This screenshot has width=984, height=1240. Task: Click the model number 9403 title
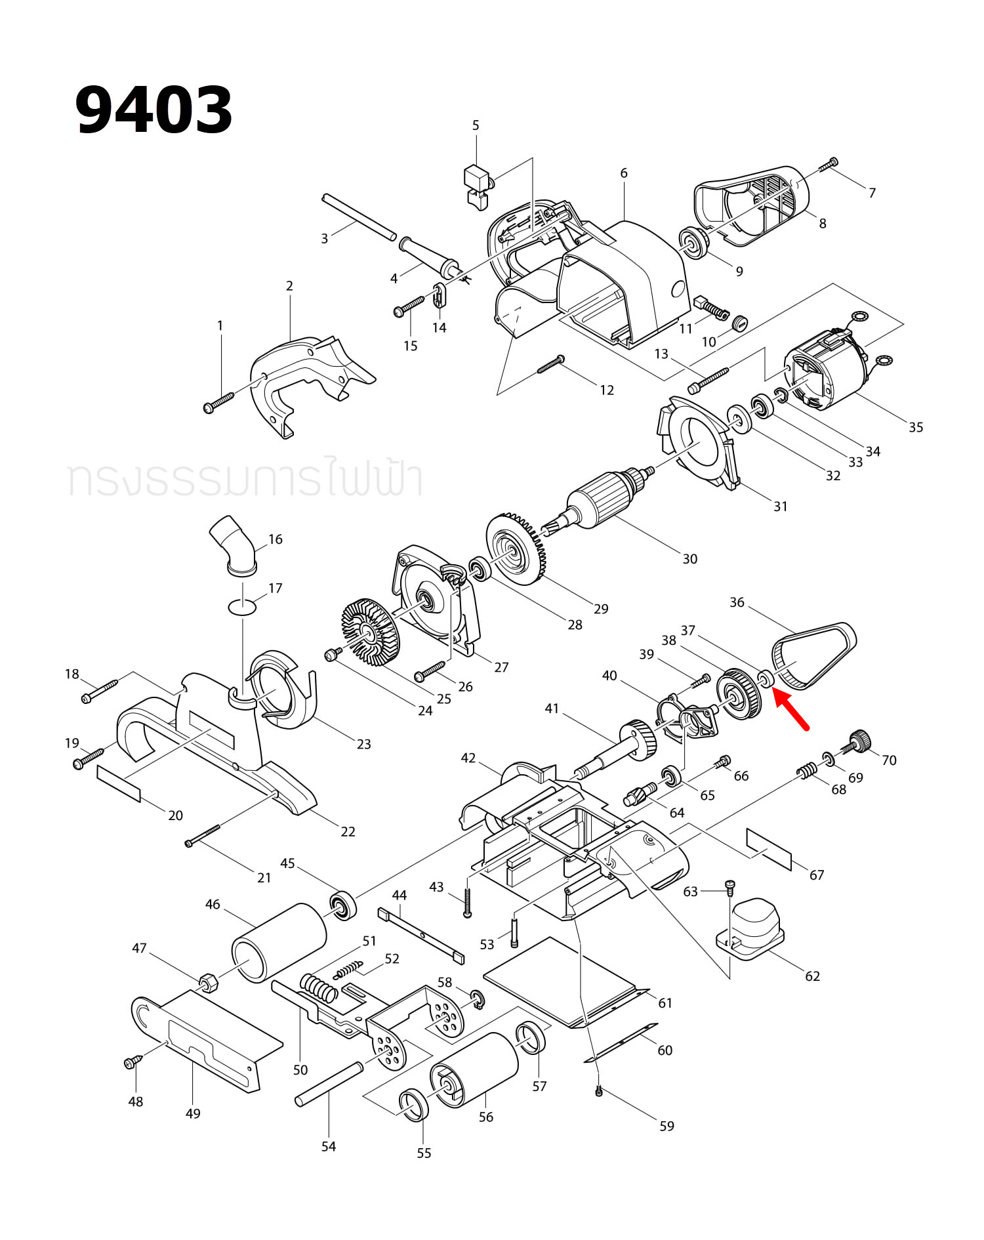click(x=154, y=110)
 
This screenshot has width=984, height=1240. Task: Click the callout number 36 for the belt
click(x=737, y=602)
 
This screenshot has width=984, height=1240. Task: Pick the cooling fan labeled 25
click(x=371, y=629)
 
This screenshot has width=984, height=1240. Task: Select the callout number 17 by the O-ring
click(x=275, y=588)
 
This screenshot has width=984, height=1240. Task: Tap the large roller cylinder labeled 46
click(x=279, y=942)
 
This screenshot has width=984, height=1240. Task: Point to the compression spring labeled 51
click(x=319, y=988)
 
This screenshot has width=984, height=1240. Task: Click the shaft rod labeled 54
click(x=329, y=1084)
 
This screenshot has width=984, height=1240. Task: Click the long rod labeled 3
click(x=359, y=216)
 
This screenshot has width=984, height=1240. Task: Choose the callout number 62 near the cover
click(x=812, y=976)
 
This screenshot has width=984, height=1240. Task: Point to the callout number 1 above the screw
click(x=220, y=325)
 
